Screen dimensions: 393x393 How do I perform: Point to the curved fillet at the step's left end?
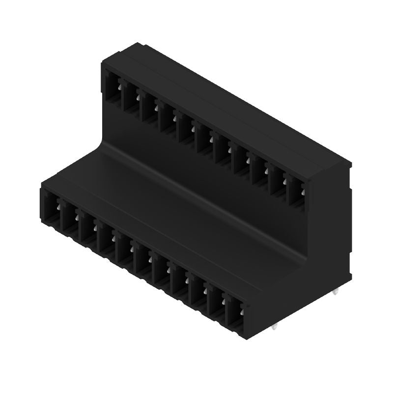(x=104, y=142)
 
